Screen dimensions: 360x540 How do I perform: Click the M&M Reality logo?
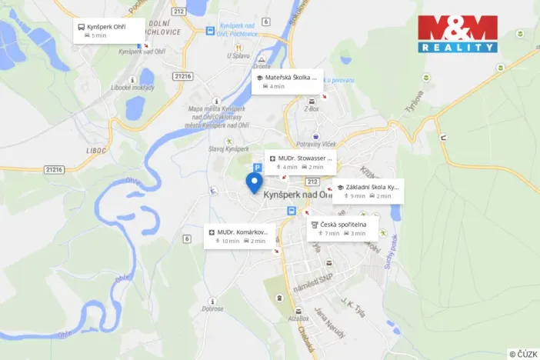(457, 34)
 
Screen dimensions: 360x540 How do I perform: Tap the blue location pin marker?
(254, 183)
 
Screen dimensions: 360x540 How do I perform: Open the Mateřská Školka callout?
(288, 82)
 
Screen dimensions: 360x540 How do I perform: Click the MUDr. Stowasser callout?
(300, 162)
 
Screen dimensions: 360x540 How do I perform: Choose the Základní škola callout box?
(368, 191)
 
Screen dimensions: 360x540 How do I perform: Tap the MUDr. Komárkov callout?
(238, 236)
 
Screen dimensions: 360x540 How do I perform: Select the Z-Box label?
(312, 109)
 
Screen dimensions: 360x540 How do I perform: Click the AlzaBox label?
(298, 318)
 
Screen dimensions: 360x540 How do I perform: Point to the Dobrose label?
(213, 308)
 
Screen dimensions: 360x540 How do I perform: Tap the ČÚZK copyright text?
(523, 353)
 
